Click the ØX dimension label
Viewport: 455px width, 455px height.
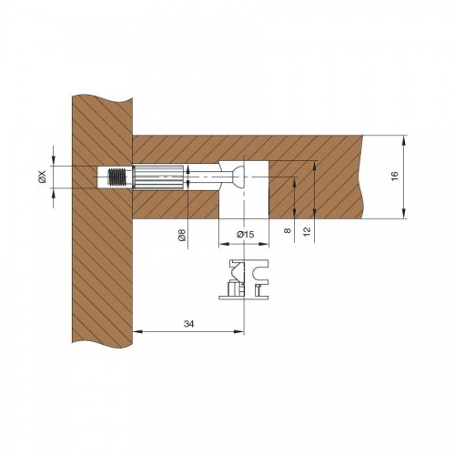click(x=42, y=177)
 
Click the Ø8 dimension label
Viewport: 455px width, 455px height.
click(x=182, y=235)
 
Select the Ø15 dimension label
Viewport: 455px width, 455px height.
click(x=246, y=235)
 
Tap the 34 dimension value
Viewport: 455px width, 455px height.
click(x=188, y=324)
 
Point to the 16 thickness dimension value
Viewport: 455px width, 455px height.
click(x=394, y=177)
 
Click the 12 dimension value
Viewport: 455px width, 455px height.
click(x=307, y=231)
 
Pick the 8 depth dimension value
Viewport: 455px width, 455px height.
click(x=287, y=230)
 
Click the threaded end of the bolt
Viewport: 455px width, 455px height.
click(x=116, y=177)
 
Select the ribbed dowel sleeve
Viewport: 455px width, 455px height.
click(x=158, y=177)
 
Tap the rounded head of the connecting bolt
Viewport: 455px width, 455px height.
click(x=238, y=177)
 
